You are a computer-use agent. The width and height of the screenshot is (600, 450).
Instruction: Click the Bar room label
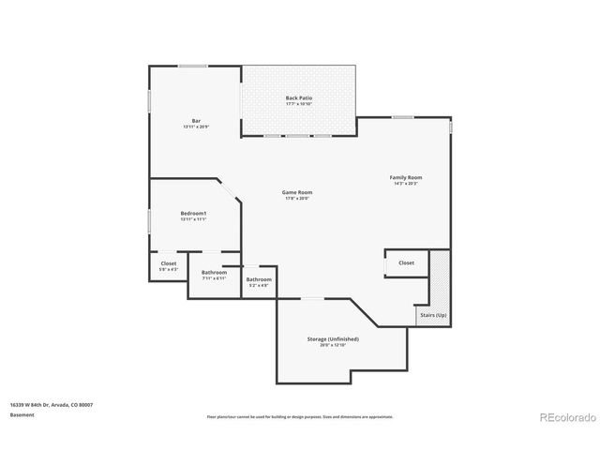coord(196,120)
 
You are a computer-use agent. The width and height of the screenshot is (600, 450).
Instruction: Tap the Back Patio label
coord(298,97)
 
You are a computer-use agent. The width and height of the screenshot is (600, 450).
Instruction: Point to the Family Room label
coord(406,177)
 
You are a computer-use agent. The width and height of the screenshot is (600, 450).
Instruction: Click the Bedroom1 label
coord(193,214)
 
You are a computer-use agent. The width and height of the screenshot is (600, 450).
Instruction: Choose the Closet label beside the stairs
coord(406,262)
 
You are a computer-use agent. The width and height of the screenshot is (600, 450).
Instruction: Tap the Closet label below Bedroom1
coord(168,263)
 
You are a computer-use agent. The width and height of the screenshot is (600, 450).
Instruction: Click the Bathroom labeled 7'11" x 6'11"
coord(214,272)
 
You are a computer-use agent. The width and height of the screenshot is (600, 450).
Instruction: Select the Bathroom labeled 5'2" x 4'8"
coord(259,279)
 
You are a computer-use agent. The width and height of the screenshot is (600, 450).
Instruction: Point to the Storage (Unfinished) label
coord(333,338)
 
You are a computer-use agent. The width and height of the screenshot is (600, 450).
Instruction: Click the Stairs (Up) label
coord(432,315)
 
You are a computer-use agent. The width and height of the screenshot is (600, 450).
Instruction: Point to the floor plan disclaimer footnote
coord(299,416)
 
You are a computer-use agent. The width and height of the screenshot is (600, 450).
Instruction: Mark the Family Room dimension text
coord(406,184)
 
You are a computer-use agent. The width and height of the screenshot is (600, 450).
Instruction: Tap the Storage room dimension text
coord(333,345)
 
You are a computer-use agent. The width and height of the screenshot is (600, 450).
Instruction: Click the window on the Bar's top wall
coord(193,66)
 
